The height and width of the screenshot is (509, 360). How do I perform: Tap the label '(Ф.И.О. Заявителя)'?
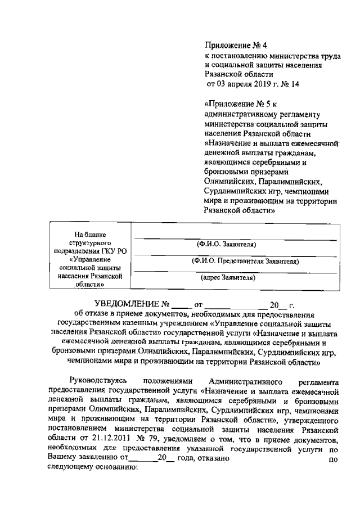click(227, 245)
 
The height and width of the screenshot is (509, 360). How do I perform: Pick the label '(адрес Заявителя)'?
click(228, 277)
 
